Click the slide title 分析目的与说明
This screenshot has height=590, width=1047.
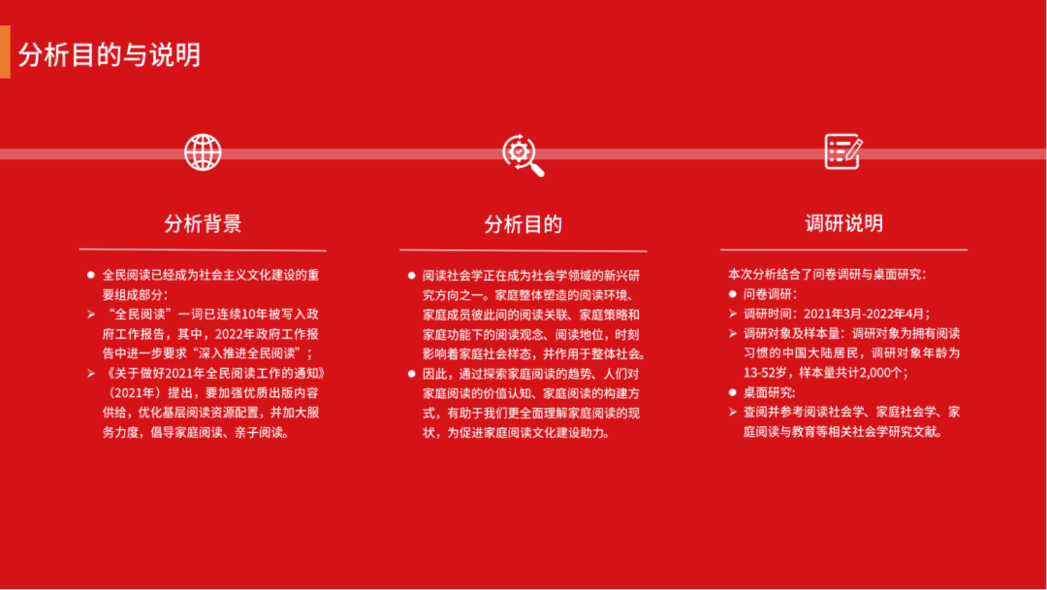click(x=109, y=55)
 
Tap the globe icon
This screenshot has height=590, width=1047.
click(x=203, y=152)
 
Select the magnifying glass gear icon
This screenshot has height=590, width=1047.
click(x=523, y=155)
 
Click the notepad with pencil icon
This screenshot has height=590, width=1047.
click(x=843, y=152)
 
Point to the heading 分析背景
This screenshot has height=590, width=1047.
click(x=203, y=224)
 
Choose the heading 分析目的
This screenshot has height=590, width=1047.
click(x=523, y=224)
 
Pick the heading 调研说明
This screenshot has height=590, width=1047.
click(x=844, y=224)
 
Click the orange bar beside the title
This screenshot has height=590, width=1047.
click(x=5, y=52)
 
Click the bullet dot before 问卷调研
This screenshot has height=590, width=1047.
click(x=732, y=294)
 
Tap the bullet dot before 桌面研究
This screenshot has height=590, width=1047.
click(x=732, y=393)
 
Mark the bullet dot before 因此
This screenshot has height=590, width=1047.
click(x=412, y=374)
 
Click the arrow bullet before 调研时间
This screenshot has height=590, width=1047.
click(x=732, y=314)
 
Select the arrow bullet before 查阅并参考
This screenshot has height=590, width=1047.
click(x=732, y=412)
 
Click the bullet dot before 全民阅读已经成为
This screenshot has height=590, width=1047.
click(x=91, y=275)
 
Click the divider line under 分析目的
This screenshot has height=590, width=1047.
click(x=523, y=251)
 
